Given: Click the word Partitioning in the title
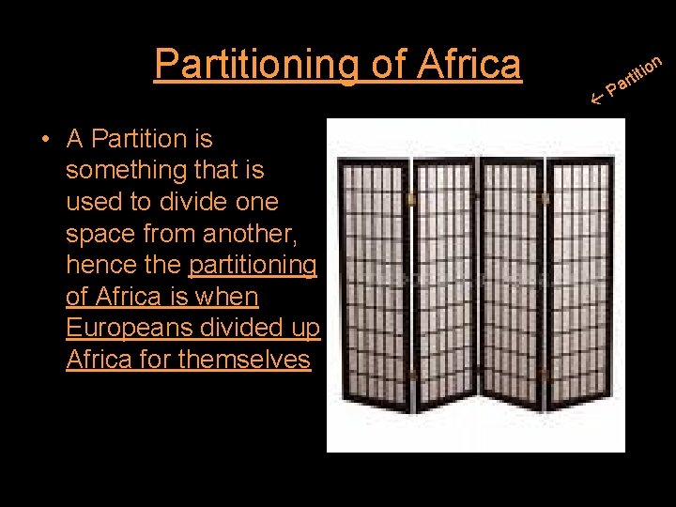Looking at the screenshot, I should click(252, 64).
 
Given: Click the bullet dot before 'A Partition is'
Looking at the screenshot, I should click(44, 140).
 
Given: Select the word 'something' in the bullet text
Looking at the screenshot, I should click(130, 170).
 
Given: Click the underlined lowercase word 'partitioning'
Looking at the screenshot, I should click(253, 266).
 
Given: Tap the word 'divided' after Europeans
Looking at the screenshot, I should click(253, 328).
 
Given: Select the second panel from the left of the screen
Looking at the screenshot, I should click(444, 282).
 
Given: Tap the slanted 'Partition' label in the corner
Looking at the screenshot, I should click(635, 76).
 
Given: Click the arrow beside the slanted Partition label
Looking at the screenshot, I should click(595, 94).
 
